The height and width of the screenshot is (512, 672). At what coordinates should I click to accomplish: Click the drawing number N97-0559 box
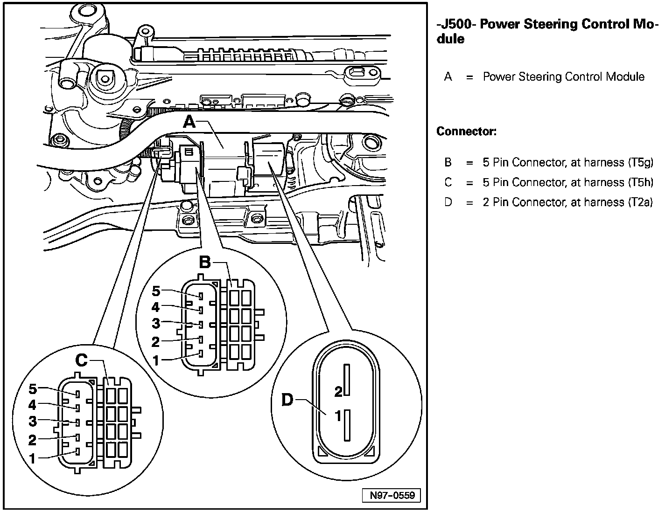tap(392, 495)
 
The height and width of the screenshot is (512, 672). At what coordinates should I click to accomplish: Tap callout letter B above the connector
tap(205, 263)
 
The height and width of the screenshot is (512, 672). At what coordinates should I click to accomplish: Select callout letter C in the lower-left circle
tap(81, 360)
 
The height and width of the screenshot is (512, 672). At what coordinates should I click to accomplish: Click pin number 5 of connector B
tap(156, 291)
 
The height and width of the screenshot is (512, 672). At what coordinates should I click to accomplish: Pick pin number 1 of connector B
tap(156, 360)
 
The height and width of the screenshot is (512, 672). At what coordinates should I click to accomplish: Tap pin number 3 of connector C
tap(32, 422)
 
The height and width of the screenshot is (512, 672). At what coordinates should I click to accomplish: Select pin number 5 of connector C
tap(32, 389)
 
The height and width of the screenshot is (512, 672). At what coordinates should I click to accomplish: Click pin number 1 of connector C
tap(32, 458)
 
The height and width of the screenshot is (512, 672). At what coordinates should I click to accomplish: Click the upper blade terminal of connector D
tap(347, 380)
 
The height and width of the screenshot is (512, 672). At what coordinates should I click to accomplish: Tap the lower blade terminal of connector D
tap(347, 425)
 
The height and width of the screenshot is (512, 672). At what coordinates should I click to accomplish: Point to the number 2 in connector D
tap(338, 392)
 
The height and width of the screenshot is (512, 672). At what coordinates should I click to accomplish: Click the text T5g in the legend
tap(641, 162)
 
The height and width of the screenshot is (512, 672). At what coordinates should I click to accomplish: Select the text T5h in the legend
tap(641, 182)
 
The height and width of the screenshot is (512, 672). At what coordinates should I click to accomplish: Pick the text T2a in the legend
tap(640, 202)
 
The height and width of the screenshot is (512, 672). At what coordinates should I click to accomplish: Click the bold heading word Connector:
tap(466, 131)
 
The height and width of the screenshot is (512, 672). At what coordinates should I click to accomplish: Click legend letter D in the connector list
tap(448, 202)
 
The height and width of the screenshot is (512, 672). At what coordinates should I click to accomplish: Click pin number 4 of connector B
tap(156, 307)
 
